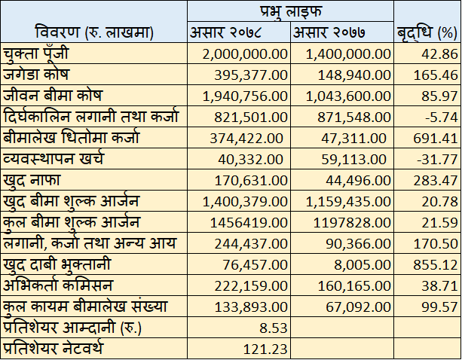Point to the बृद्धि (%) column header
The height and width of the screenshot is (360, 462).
pos(427,32)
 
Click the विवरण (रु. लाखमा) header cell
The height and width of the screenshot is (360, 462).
pos(94,32)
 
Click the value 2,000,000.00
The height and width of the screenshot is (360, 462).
pos(245,54)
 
